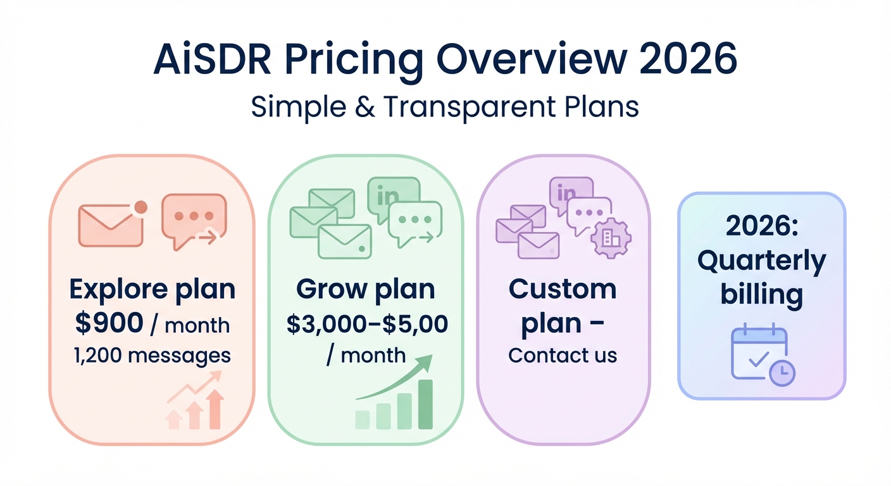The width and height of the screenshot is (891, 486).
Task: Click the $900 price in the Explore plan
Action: tap(109, 323)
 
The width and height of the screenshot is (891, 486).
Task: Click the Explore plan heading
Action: tap(152, 290)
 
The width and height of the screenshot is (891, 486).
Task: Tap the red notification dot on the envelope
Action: tap(141, 207)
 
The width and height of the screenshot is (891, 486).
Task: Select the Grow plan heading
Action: tap(365, 289)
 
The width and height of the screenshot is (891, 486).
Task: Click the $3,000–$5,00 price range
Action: tap(367, 323)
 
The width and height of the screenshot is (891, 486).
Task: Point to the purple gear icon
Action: tap(611, 238)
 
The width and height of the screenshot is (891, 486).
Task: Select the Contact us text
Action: tap(563, 355)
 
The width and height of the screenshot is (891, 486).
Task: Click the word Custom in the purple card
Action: tap(563, 289)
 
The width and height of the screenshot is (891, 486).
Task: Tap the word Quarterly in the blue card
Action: tap(761, 261)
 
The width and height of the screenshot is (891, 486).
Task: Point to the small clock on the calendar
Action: tap(782, 374)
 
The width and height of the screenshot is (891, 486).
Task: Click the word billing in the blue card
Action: tap(761, 295)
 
